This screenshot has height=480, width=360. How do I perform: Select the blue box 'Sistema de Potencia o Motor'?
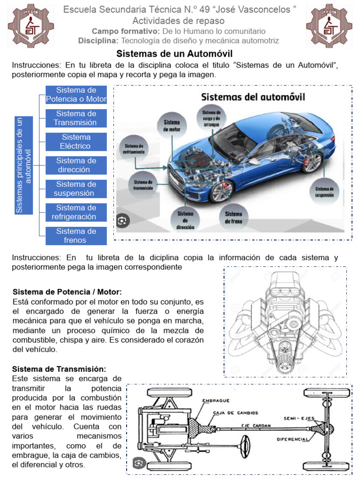click(76, 95)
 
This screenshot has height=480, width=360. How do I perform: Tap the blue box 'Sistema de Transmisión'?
click(76, 118)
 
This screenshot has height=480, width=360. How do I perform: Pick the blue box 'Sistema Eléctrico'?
click(76, 142)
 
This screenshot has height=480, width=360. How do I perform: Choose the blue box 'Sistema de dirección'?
click(76, 165)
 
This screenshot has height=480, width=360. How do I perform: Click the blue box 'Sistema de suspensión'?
click(76, 188)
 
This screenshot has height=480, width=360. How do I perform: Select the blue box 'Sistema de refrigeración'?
click(76, 212)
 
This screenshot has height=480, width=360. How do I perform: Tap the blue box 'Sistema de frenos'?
click(76, 236)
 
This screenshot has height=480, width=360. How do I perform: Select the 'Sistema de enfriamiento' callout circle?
click(135, 149)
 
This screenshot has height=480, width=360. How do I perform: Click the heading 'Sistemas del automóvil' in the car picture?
click(253, 97)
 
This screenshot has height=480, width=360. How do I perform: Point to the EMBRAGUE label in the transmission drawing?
click(216, 401)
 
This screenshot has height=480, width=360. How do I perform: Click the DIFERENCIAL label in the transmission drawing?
click(292, 440)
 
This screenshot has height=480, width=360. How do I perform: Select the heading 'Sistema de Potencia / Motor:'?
click(67, 292)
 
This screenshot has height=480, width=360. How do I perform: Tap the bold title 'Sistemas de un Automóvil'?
click(174, 54)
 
